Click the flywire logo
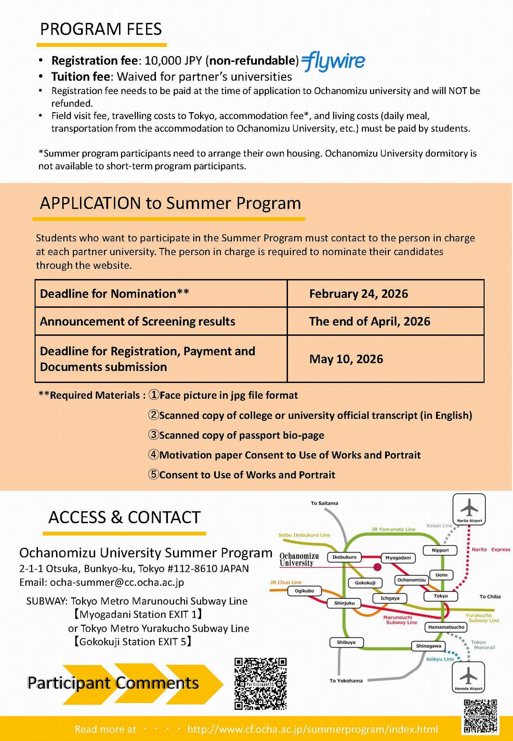click(333, 62)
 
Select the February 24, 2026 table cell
click(385, 293)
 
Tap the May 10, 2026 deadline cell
click(385, 359)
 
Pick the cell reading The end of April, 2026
click(385, 321)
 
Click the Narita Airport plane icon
click(469, 508)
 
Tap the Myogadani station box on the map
click(398, 558)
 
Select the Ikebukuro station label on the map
click(344, 557)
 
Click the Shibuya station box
click(346, 642)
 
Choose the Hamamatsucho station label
click(446, 627)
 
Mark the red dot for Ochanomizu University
click(377, 567)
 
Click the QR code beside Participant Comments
click(260, 683)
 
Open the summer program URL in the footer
click(312, 729)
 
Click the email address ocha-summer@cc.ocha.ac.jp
click(117, 582)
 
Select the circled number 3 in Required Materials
click(153, 435)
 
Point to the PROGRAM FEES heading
click(101, 29)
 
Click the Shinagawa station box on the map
click(428, 646)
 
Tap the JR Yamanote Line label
click(393, 529)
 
